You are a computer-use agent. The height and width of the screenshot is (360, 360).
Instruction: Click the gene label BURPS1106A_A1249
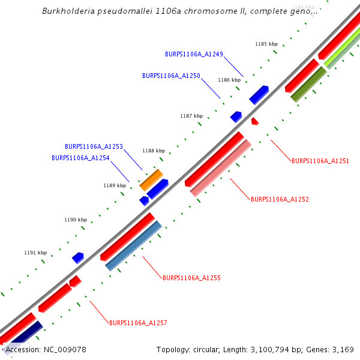[x=194, y=54]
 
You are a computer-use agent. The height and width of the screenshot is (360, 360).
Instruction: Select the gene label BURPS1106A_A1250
[x=171, y=76]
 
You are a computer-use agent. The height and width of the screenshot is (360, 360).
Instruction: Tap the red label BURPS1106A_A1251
[x=320, y=161]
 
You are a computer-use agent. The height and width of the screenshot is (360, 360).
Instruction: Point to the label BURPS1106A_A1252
[x=280, y=199]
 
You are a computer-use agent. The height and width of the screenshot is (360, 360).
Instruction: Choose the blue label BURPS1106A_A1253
[x=94, y=146]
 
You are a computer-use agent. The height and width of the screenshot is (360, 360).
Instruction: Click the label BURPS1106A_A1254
[x=80, y=158]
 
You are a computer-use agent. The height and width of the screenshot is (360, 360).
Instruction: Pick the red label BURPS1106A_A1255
[x=191, y=278]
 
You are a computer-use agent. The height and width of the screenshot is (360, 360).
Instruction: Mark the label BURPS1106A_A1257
[x=138, y=323]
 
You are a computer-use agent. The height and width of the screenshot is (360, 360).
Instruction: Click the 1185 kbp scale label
[x=266, y=44]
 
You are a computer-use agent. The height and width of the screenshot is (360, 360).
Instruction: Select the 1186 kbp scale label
[x=229, y=80]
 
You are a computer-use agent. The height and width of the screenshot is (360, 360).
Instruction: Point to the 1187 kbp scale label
[x=191, y=116]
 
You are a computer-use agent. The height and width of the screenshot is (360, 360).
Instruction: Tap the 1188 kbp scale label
[x=153, y=151]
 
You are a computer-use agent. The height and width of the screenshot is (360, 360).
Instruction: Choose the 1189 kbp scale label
[x=115, y=185]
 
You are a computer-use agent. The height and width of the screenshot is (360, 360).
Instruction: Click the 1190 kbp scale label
[x=76, y=220]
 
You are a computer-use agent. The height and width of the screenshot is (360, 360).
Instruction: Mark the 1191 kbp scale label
[x=35, y=253]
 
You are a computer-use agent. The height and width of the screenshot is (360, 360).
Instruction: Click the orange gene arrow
[x=151, y=180]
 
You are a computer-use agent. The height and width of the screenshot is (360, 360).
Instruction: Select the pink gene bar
[x=220, y=168]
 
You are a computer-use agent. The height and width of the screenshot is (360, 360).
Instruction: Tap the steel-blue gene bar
[x=133, y=246]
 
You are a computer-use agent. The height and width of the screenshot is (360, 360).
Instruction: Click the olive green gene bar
[x=308, y=83]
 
